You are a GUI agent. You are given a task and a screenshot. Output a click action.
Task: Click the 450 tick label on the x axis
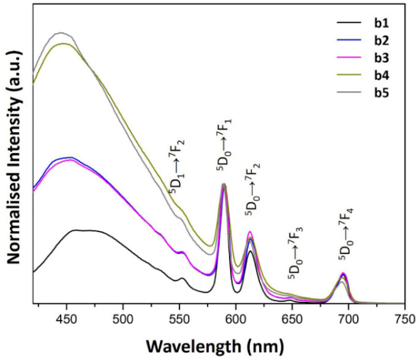point(66,318)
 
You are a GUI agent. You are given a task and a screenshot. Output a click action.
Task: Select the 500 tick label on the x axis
point(123,318)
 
